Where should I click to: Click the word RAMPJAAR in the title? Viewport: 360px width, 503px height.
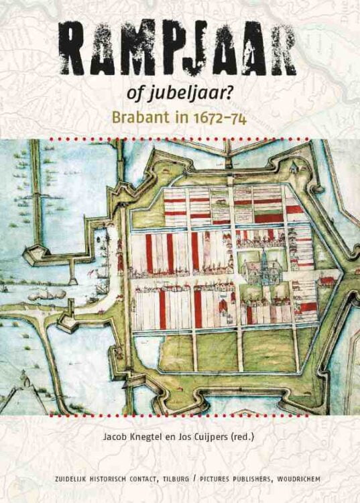pyautogui.click(x=180, y=48)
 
